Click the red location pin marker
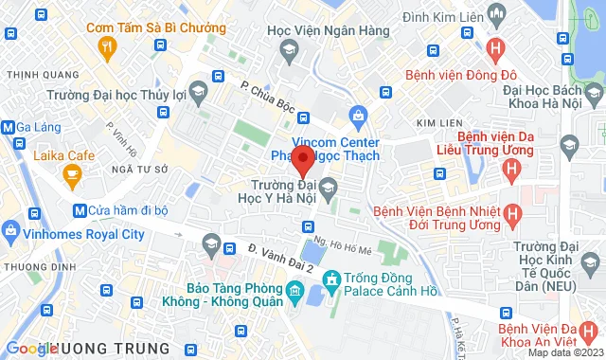(303, 160)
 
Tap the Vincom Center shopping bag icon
(358, 117)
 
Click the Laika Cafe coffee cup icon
(71, 173)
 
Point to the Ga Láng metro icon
(9, 128)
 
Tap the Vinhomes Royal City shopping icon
(10, 228)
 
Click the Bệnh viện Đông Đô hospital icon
(493, 48)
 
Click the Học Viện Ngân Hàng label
(329, 30)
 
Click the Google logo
(30, 349)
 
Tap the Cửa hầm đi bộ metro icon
(80, 209)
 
